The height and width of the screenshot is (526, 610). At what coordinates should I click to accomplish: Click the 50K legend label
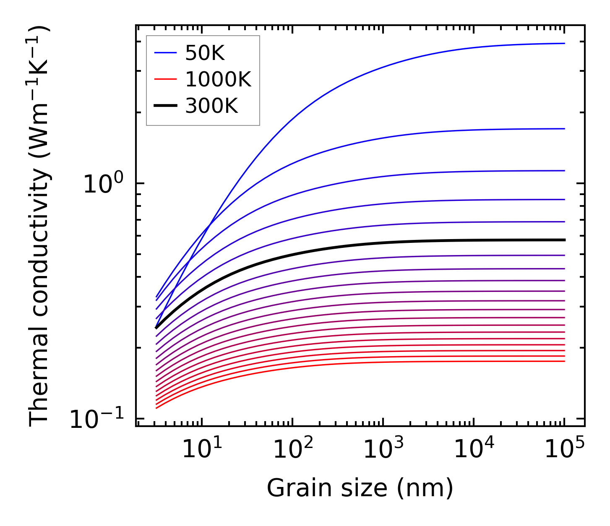(x=205, y=53)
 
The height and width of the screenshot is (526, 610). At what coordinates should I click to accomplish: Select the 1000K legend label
(x=218, y=80)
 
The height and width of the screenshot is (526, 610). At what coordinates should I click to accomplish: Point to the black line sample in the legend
(x=165, y=106)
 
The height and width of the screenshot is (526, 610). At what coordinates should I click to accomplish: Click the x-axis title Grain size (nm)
(x=360, y=488)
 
